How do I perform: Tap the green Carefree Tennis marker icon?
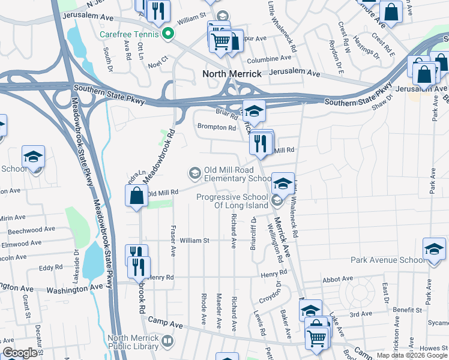coord(169,34)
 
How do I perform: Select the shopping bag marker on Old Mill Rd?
coord(137,196)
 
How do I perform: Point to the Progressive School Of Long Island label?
coord(234,202)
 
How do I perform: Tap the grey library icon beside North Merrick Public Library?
coord(167,341)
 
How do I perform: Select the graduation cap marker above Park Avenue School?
coord(433,248)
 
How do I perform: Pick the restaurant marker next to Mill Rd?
coord(261,143)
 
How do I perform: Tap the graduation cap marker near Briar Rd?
coord(254,111)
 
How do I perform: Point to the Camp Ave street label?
coord(165,323)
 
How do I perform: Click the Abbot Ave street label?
coord(337,278)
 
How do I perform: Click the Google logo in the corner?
coord(20,353)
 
